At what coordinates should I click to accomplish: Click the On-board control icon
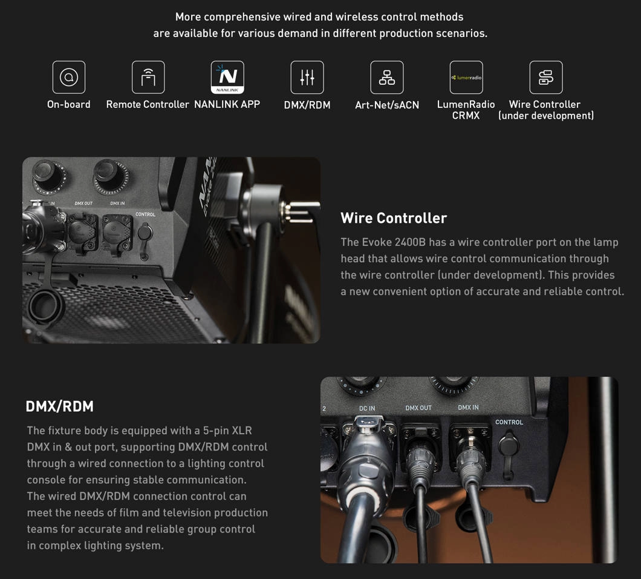(69, 77)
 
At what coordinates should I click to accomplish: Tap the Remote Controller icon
(148, 77)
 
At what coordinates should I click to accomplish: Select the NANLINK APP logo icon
(227, 77)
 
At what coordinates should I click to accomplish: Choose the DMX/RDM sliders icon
(307, 77)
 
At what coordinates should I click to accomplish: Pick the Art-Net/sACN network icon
(387, 77)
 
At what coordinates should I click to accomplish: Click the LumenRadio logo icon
(466, 77)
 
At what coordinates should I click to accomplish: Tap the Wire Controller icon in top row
(545, 77)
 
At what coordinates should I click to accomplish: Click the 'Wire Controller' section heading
(394, 218)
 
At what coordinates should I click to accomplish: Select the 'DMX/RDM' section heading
(60, 406)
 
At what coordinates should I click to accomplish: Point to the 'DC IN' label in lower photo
(366, 408)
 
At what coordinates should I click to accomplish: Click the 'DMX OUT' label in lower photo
(418, 408)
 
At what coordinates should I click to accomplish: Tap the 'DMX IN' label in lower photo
(468, 408)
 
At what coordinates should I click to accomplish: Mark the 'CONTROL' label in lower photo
(509, 422)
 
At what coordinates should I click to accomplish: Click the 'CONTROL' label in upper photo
(145, 214)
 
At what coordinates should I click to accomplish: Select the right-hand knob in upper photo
(109, 176)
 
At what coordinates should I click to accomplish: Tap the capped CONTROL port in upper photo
(145, 238)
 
